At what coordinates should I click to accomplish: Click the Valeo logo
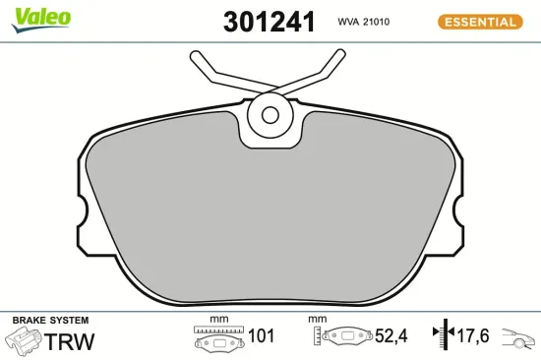point(40,17)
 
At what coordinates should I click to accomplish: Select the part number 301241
point(270,22)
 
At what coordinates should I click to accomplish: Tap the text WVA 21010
point(366,21)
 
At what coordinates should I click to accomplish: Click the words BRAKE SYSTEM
point(49,321)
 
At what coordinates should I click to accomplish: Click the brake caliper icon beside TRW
point(22,341)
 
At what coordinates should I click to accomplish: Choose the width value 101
point(261,337)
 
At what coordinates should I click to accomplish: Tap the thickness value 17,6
point(474,337)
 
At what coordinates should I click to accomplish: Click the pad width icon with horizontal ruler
point(218,337)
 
